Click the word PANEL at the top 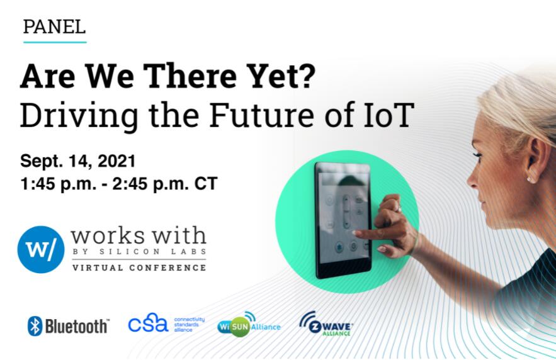coord(54,27)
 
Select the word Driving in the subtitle coord(79,116)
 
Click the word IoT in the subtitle coord(389,115)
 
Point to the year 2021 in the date coord(116,161)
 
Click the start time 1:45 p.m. coord(59,184)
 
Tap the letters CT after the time coord(206,184)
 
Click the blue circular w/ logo coord(41,249)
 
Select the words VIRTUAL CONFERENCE coord(139,267)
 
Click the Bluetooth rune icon coord(35,326)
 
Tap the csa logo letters coord(148,323)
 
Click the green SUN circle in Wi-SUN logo coord(240,327)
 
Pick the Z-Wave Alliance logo coord(326,324)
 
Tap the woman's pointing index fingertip coord(355,233)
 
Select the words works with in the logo coord(139,235)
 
